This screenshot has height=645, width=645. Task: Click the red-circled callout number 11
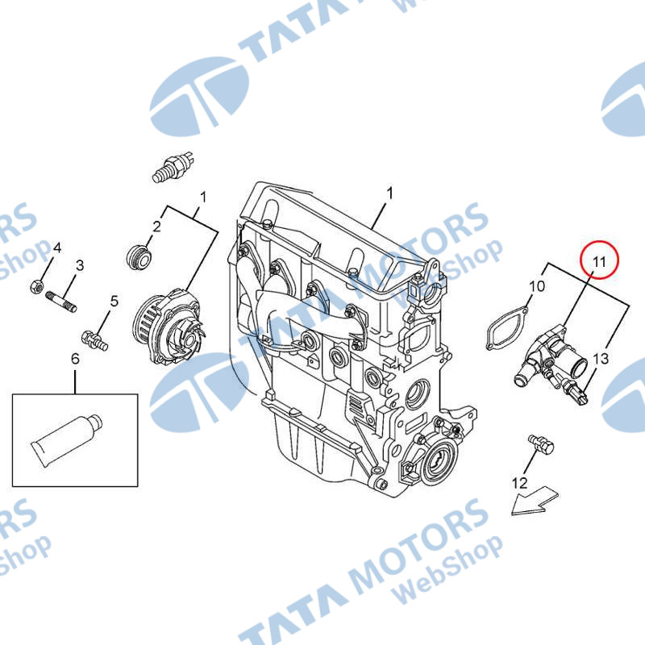point(599,261)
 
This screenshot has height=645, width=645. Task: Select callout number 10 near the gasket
point(536,285)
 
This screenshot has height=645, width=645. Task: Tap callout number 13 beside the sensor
point(600,358)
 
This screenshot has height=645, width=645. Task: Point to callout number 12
point(519,482)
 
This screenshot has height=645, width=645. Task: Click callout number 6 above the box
point(75,359)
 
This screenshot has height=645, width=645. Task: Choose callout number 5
point(114,301)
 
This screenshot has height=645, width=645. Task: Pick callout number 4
point(57,248)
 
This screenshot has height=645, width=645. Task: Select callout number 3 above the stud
point(80,265)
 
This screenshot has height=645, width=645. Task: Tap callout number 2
point(156,226)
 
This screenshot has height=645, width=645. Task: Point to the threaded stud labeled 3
point(62,302)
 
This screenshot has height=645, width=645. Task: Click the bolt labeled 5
point(95,340)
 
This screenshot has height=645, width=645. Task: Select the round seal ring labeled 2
point(139,256)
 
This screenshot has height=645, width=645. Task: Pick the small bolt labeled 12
point(541,444)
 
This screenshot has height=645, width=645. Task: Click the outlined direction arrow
point(535,501)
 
